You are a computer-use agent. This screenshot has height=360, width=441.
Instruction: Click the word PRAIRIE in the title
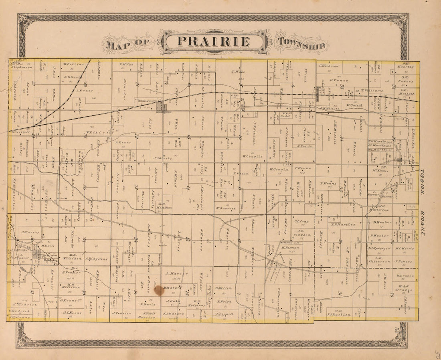click(x=213, y=42)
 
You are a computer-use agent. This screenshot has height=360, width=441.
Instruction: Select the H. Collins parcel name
click(x=73, y=64)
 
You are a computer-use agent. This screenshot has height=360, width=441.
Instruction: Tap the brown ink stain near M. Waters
click(x=159, y=290)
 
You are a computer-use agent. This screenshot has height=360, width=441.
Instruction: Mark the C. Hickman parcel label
click(x=329, y=66)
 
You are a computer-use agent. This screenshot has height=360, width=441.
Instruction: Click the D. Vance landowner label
click(x=339, y=80)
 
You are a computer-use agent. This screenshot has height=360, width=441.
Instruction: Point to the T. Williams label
click(x=371, y=90)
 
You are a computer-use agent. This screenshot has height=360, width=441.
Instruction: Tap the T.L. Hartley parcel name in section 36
click(x=343, y=224)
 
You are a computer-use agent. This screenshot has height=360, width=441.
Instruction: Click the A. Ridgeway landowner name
click(x=96, y=259)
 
